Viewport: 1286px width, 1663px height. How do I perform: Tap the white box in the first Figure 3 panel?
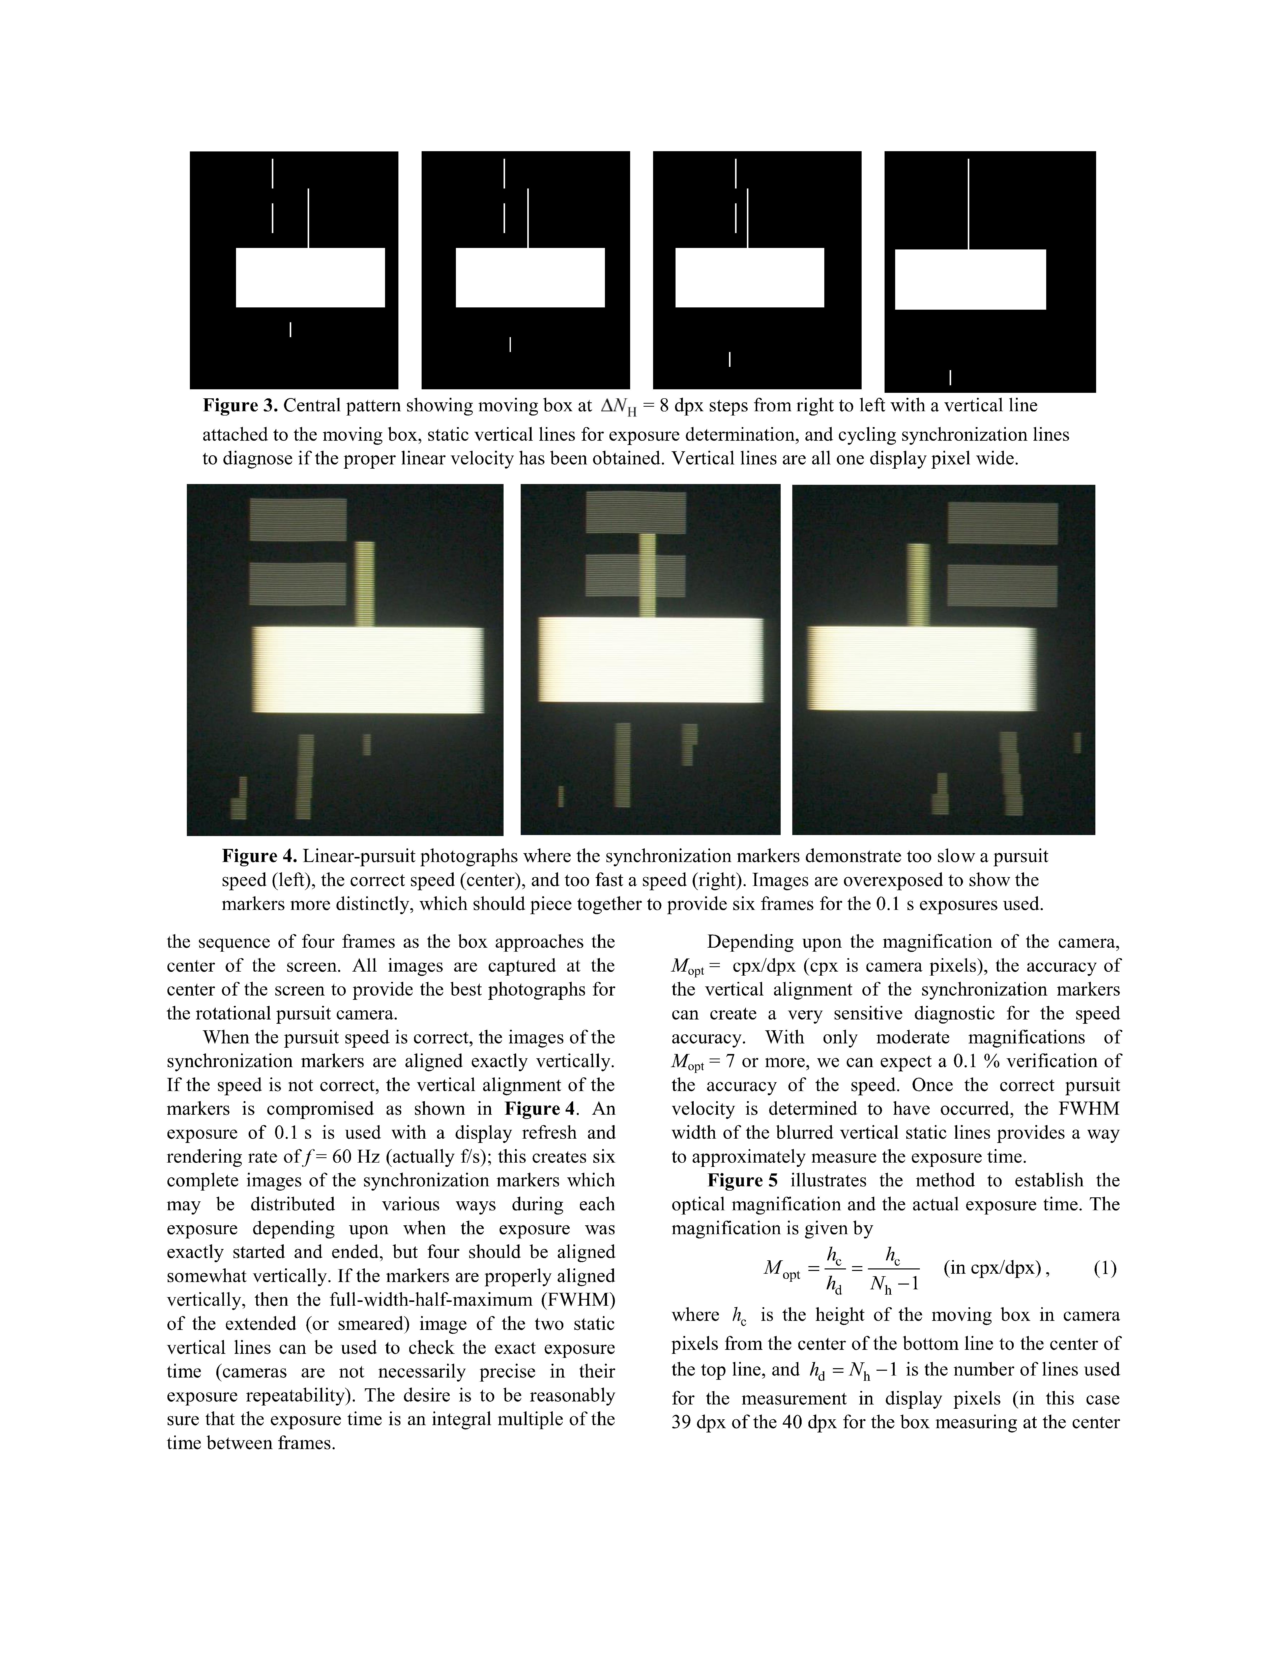[310, 277]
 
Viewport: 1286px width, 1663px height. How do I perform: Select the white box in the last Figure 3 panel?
[970, 279]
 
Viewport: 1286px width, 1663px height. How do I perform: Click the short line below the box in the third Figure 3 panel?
[730, 359]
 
